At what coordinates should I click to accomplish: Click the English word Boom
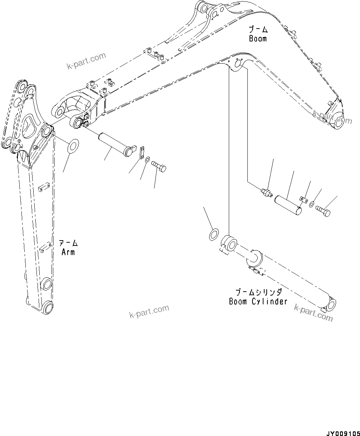(258, 39)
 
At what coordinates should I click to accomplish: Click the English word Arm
(68, 252)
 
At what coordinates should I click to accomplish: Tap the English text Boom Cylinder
(258, 301)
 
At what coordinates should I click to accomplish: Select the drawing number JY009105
(342, 432)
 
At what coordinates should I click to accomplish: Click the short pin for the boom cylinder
(288, 205)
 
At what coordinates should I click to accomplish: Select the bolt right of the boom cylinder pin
(323, 211)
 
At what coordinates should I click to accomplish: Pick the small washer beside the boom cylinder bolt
(312, 204)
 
